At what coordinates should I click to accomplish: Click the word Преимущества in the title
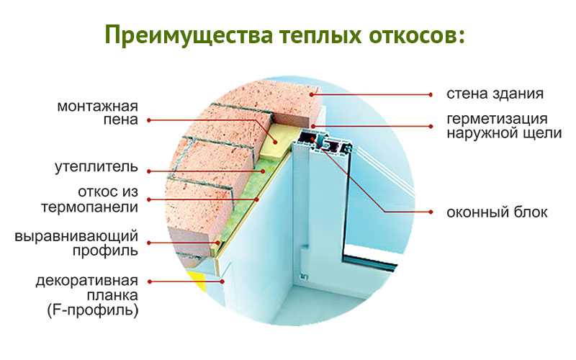[189, 35]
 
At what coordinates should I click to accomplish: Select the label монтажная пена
[98, 113]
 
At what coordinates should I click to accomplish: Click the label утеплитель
[96, 167]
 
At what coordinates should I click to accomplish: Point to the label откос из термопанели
[89, 199]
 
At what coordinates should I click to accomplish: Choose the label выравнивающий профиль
[76, 243]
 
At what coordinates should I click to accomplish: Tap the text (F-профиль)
[93, 310]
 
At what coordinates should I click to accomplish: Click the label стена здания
[495, 94]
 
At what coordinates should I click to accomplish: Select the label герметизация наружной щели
[504, 126]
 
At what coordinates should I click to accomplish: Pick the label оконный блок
[497, 212]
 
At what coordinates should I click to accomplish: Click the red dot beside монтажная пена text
[149, 120]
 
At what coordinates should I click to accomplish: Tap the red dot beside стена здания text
[431, 95]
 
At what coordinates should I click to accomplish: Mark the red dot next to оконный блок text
[431, 212]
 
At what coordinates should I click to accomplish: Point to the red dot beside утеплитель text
[149, 171]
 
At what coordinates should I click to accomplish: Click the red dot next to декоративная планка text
[149, 282]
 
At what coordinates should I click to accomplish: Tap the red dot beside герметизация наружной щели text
[431, 127]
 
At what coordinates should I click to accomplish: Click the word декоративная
[86, 281]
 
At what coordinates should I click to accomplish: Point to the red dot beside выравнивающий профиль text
[149, 243]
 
